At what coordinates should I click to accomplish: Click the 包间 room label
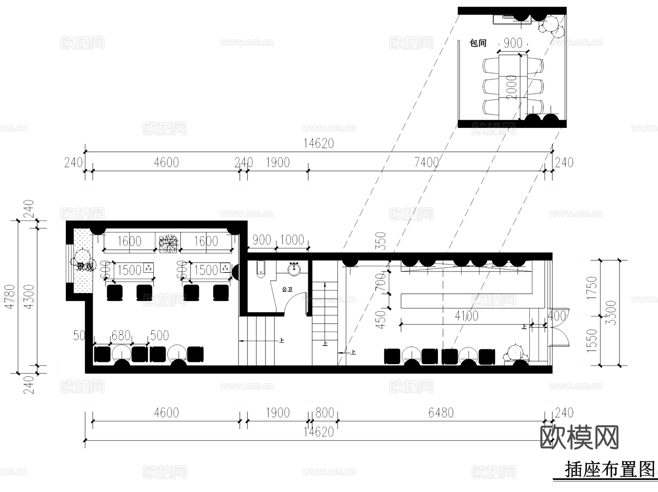(478, 43)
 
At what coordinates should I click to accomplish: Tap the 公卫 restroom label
(287, 289)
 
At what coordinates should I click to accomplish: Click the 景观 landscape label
(84, 267)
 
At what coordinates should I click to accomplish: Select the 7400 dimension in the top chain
(426, 162)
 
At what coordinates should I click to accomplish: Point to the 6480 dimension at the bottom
(441, 413)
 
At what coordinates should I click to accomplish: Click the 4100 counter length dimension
(466, 316)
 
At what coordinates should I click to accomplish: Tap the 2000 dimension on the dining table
(512, 87)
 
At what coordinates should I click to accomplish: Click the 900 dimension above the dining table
(513, 43)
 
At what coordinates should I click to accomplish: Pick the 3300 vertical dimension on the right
(611, 313)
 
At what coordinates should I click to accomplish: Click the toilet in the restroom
(260, 269)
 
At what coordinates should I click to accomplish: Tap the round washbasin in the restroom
(294, 269)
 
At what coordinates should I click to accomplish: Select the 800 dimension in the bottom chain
(325, 413)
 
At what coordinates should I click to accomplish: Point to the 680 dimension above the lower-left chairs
(121, 335)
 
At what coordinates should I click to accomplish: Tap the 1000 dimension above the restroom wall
(292, 240)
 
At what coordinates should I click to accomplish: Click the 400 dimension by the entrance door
(557, 316)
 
